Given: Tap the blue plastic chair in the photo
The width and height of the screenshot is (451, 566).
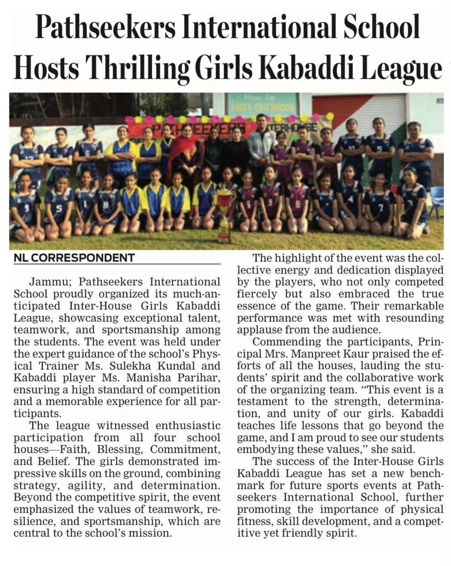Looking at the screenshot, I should coord(437,201).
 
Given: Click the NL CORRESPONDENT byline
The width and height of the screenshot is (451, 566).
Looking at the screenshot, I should coord(74,257).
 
